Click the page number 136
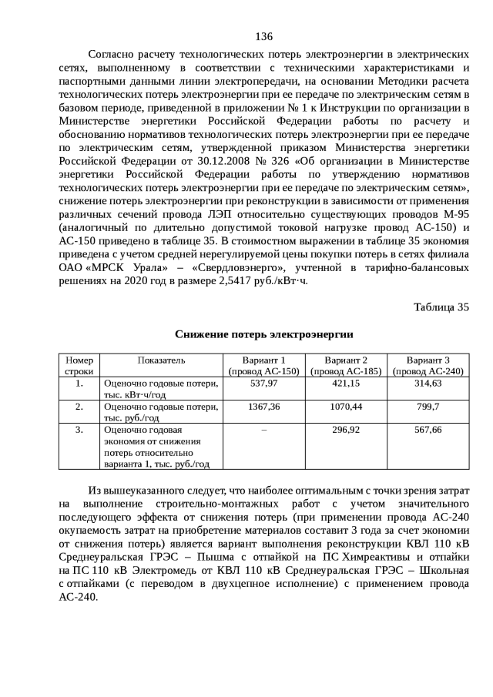(x=264, y=36)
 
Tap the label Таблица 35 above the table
(x=441, y=307)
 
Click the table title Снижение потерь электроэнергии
(x=263, y=333)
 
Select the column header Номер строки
(x=79, y=365)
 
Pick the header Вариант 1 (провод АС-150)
(x=263, y=365)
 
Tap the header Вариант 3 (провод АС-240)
(x=428, y=365)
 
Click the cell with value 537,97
(x=263, y=383)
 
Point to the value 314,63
(x=428, y=383)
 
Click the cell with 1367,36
(x=263, y=406)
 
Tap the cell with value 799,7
(x=428, y=406)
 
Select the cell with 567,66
(x=428, y=429)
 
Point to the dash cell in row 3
(x=263, y=429)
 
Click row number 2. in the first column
(x=79, y=406)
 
